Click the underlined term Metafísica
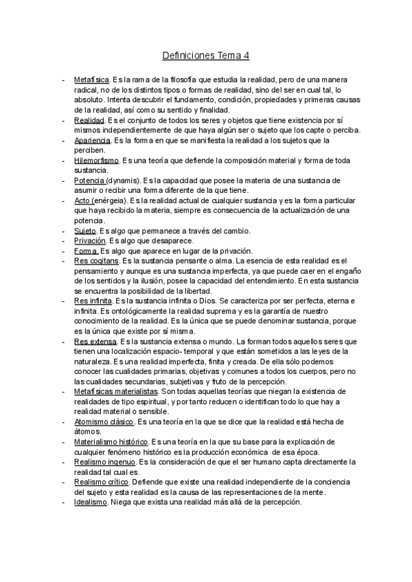(91, 80)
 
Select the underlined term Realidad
(89, 121)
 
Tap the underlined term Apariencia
(93, 141)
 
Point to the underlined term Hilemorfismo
(97, 161)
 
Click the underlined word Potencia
(89, 181)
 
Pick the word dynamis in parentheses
(123, 181)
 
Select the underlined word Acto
(81, 201)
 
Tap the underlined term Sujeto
(85, 231)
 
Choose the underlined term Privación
(89, 241)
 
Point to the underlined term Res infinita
(93, 301)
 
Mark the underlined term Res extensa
(94, 342)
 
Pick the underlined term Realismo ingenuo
(105, 463)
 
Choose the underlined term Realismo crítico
(101, 482)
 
